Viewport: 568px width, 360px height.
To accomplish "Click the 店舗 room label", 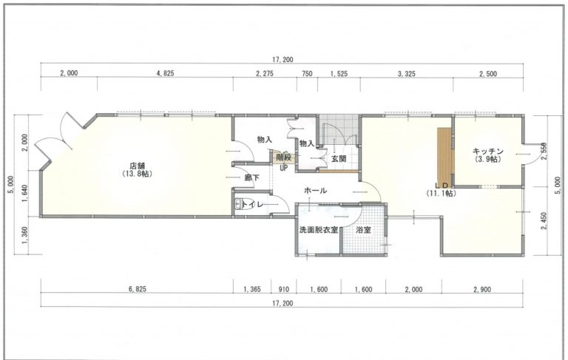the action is [137, 166].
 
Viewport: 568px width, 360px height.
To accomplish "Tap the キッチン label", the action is [487, 151].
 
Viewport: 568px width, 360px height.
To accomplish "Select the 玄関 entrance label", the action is [339, 159].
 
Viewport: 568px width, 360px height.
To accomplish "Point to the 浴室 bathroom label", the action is [363, 230].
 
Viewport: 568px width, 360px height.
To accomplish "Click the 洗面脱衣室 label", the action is [319, 230].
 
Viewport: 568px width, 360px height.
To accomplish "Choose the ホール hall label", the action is [316, 190].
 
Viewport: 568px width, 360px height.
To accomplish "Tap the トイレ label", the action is [253, 205].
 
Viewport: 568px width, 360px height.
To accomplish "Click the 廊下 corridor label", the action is [251, 177].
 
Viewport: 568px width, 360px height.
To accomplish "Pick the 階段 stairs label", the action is [284, 158].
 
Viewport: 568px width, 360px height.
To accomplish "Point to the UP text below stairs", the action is [283, 168].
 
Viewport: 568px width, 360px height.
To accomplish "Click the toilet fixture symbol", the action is [238, 205].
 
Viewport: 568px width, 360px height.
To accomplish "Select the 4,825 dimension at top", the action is [165, 73].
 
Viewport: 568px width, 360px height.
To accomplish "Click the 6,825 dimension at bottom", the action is [138, 289].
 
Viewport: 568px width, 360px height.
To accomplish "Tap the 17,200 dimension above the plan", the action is [283, 60].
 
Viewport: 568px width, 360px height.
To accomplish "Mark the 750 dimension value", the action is [307, 73].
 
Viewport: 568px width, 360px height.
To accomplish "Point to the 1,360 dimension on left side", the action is [24, 235].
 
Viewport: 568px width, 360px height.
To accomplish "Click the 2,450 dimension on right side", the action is [544, 221].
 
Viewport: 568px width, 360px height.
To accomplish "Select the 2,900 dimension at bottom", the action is [481, 289].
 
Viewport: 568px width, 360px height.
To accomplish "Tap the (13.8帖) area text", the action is [137, 174].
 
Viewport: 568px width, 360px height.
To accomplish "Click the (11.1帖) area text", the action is [441, 194].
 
